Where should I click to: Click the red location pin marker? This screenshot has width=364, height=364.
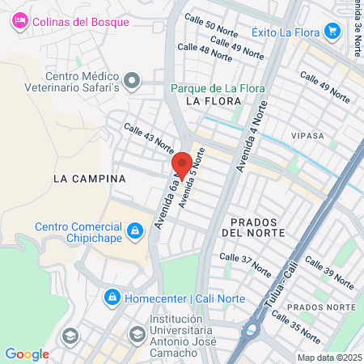click(182, 164)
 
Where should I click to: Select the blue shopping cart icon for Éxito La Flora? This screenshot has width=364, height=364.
click(331, 31)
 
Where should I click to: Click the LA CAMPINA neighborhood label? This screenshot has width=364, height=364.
click(89, 178)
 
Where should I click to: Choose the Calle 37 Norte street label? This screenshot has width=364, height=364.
click(246, 265)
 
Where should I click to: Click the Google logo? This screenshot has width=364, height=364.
click(27, 353)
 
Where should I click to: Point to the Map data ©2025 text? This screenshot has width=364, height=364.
click(328, 357)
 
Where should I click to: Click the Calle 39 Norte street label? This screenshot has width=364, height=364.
click(329, 273)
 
